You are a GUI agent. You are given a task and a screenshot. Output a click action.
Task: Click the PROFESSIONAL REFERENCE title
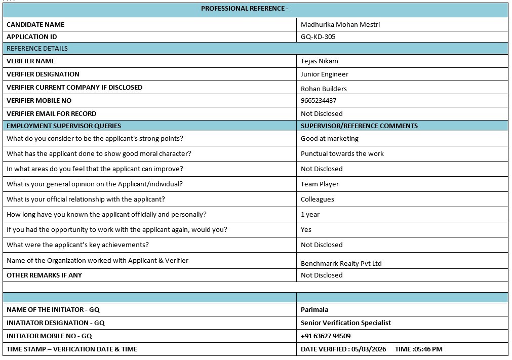tap(245, 9)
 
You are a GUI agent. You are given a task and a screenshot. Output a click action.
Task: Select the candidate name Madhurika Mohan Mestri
tap(340, 24)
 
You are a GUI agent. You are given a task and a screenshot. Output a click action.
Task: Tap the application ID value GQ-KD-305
tap(318, 36)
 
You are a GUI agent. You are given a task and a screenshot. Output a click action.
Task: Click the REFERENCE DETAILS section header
tap(37, 49)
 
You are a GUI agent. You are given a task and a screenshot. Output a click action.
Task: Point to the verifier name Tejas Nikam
tap(319, 61)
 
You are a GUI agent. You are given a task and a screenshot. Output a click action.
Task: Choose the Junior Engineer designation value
tap(324, 74)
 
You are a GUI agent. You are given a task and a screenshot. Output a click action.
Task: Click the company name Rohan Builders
tap(324, 89)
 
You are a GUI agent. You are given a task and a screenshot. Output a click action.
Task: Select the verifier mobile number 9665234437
tap(318, 100)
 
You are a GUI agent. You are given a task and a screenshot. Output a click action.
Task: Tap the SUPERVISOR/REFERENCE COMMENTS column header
tap(359, 126)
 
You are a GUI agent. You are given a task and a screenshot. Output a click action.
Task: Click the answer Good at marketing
tap(329, 138)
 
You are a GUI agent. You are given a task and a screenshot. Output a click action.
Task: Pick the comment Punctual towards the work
tap(342, 153)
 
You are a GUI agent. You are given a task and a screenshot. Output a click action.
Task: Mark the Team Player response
tap(320, 184)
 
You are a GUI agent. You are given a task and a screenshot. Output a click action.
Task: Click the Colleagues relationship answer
tap(317, 199)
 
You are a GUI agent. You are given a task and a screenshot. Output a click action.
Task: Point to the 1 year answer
tap(310, 214)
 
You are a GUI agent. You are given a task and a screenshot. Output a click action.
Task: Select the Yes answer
tap(306, 229)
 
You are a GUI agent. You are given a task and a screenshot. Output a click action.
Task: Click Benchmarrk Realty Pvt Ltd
tap(341, 263)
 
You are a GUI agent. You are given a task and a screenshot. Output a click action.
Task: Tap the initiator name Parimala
tap(314, 309)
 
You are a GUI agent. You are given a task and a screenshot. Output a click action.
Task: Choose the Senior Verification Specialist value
tap(345, 323)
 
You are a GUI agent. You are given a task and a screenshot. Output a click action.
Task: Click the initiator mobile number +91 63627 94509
tap(325, 336)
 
